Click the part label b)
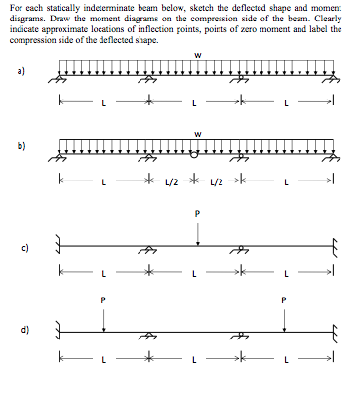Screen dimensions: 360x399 click(20, 147)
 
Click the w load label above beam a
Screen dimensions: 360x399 click(198, 54)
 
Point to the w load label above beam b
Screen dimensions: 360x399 click(198, 134)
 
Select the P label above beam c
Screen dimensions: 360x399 click(198, 212)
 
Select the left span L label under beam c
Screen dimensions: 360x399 click(101, 272)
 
